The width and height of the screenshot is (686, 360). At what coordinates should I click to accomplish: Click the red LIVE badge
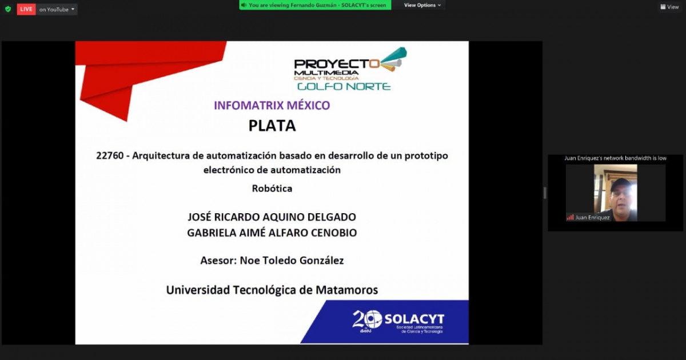[x=26, y=9]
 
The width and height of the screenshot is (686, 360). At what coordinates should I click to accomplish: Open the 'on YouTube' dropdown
[x=57, y=9]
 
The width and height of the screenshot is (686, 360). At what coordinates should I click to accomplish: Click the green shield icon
[x=8, y=9]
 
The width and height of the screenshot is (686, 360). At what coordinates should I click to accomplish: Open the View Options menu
[x=422, y=5]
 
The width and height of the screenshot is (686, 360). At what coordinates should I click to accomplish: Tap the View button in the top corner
[x=669, y=7]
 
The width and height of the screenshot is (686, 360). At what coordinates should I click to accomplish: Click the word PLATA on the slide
[x=272, y=126]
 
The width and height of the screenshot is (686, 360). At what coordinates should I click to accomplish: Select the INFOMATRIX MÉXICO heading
[x=272, y=105]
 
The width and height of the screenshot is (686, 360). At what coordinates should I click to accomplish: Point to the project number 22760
[x=110, y=155]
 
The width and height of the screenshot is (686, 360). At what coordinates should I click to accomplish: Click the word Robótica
[x=272, y=188]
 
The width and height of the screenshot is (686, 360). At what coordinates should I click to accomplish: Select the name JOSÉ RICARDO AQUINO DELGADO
[x=272, y=217]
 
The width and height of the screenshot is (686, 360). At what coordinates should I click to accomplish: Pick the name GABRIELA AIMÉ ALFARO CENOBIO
[x=272, y=233]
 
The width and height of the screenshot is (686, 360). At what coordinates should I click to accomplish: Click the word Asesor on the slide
[x=217, y=260]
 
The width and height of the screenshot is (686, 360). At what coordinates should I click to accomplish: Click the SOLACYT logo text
[x=414, y=319]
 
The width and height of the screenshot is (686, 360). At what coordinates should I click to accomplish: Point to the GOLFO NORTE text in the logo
[x=344, y=87]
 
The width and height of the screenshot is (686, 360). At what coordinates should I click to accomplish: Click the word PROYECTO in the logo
[x=337, y=64]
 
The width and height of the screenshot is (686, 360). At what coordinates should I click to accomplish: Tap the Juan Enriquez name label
[x=592, y=217]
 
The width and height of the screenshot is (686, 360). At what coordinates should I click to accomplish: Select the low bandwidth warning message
[x=616, y=158]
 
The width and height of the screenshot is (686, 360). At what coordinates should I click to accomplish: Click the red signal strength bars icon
[x=570, y=217]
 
